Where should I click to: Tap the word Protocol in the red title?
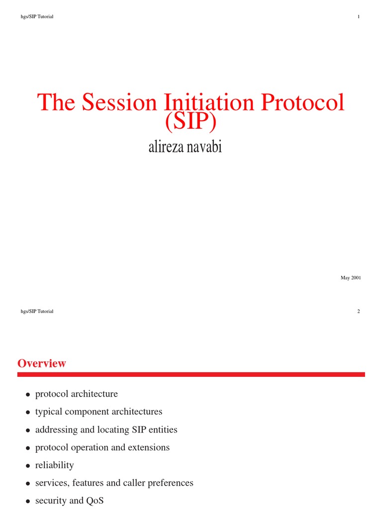pyautogui.click(x=303, y=102)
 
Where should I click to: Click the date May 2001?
pyautogui.click(x=351, y=278)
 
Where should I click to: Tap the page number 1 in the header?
pyautogui.click(x=359, y=17)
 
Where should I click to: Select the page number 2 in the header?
pyautogui.click(x=359, y=311)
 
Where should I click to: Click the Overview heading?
pyautogui.click(x=42, y=363)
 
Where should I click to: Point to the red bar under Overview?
pyautogui.click(x=191, y=374)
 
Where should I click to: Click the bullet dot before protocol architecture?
pyautogui.click(x=28, y=395)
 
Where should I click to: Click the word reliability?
pyautogui.click(x=54, y=465)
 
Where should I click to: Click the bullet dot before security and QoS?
pyautogui.click(x=28, y=502)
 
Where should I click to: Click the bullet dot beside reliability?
pyautogui.click(x=28, y=466)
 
